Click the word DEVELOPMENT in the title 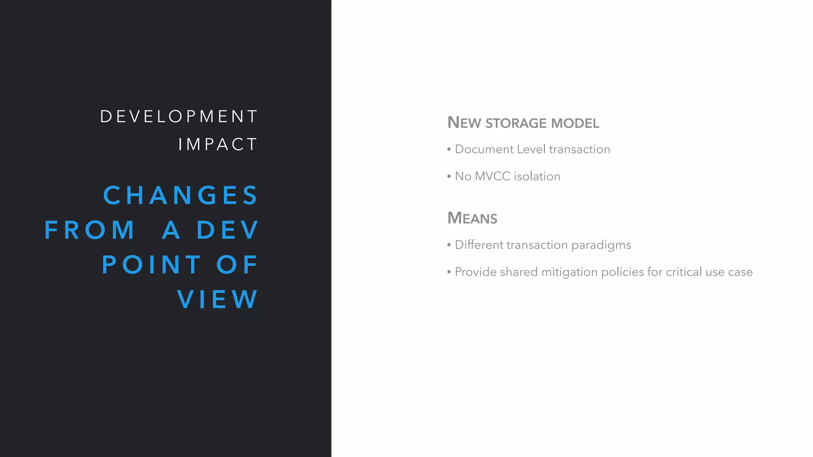click(x=179, y=117)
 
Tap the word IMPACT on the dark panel click(x=218, y=144)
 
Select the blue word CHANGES click(x=181, y=195)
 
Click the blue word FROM click(x=90, y=230)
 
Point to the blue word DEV click(x=227, y=230)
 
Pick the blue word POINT click(x=152, y=265)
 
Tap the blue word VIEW click(x=218, y=299)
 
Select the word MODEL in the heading click(x=575, y=123)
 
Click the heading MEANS click(x=472, y=218)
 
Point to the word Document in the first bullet click(x=484, y=149)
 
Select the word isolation click(x=537, y=176)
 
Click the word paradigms click(x=601, y=245)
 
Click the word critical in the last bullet click(x=684, y=272)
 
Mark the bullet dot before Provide click(x=449, y=272)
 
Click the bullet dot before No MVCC click(x=449, y=177)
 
